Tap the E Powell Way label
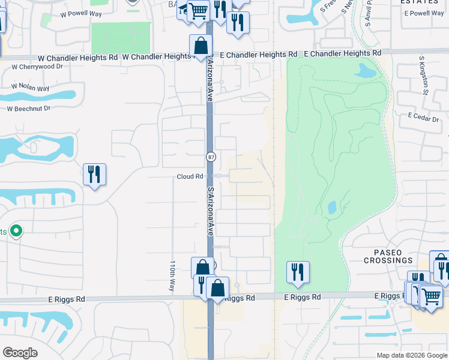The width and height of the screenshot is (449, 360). (x=424, y=13)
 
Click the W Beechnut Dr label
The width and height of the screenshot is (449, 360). (x=28, y=109)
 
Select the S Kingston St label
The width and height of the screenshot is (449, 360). (x=424, y=77)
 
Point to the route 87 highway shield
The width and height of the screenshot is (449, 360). (x=211, y=157)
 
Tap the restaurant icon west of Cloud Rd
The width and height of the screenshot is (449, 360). (x=94, y=175)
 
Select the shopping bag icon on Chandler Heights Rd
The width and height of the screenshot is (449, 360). (x=200, y=46)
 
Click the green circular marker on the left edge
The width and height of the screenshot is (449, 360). (x=16, y=230)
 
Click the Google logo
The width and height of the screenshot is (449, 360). (x=20, y=353)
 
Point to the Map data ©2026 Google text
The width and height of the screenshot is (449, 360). (x=412, y=355)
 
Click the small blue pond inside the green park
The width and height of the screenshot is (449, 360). (x=332, y=208)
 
